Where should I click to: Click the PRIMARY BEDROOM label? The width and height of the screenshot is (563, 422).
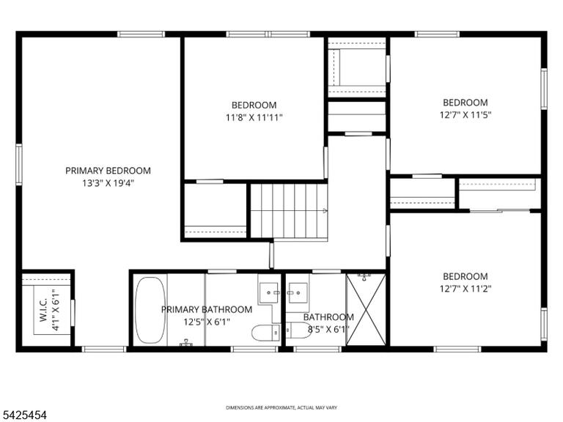(108, 171)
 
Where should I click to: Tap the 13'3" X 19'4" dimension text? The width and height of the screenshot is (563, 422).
(108, 183)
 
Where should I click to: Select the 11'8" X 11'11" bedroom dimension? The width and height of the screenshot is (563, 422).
(254, 117)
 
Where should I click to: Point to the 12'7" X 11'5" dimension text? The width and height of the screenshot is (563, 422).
(466, 115)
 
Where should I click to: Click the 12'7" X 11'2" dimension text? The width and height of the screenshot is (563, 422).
(466, 289)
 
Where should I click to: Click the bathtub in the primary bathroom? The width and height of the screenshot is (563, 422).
(150, 310)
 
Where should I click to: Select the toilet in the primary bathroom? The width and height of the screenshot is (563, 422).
(265, 333)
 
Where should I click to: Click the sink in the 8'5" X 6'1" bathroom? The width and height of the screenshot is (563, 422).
(298, 293)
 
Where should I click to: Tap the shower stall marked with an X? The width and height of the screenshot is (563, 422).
(366, 309)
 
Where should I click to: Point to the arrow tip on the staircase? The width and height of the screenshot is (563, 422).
(327, 211)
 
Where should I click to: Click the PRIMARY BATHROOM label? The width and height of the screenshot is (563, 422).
(207, 309)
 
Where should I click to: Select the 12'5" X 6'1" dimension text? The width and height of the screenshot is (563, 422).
(207, 322)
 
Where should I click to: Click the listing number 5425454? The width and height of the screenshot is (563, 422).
(23, 415)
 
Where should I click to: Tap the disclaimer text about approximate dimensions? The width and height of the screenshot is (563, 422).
(281, 407)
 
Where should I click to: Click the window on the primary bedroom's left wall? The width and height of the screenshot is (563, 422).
(18, 164)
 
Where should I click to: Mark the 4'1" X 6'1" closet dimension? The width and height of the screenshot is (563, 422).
(56, 309)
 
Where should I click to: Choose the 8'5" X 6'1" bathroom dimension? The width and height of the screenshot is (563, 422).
(328, 329)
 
